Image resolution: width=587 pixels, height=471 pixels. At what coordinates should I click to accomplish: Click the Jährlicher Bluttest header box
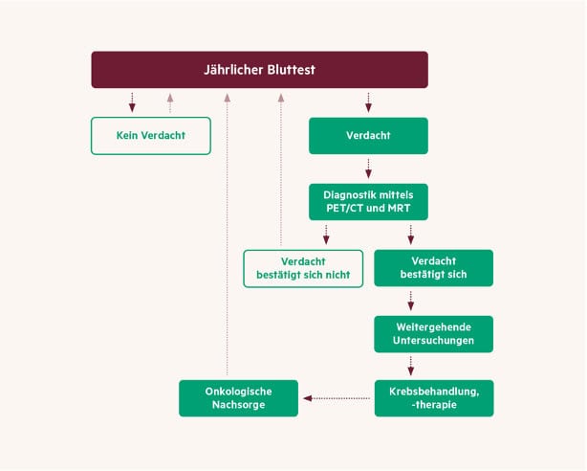coord(259,70)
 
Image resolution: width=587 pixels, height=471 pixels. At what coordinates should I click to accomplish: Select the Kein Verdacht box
coord(150,135)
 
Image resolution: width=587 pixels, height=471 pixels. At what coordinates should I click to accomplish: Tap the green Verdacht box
coord(368,135)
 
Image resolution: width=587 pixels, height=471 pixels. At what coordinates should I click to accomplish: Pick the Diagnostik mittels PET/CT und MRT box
coord(368,201)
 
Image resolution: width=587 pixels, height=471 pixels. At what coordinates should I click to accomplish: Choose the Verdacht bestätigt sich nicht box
coord(303,268)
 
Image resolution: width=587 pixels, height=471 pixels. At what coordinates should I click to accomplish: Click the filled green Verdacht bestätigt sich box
coord(433,268)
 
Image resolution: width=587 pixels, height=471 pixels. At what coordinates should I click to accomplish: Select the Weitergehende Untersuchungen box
coord(433,334)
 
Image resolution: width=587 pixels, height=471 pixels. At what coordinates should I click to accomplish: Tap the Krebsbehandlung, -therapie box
coord(433,397)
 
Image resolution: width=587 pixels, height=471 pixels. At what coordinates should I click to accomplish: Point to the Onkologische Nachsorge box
coord(239,397)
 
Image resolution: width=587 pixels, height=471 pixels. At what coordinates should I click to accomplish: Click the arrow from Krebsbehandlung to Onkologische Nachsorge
coord(338,397)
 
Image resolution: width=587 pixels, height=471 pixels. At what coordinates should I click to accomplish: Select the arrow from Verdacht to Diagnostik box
coord(368,168)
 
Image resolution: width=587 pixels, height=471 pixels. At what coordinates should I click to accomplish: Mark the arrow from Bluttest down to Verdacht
coord(368,101)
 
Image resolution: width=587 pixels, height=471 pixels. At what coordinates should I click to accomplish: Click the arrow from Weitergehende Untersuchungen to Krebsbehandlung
coord(411,366)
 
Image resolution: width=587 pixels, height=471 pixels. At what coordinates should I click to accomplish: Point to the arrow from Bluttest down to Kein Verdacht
coord(133,101)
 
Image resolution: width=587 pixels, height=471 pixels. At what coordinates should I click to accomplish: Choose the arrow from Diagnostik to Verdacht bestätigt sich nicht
coord(326,234)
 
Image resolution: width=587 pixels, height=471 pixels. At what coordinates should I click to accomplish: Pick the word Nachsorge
coord(239,406)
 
